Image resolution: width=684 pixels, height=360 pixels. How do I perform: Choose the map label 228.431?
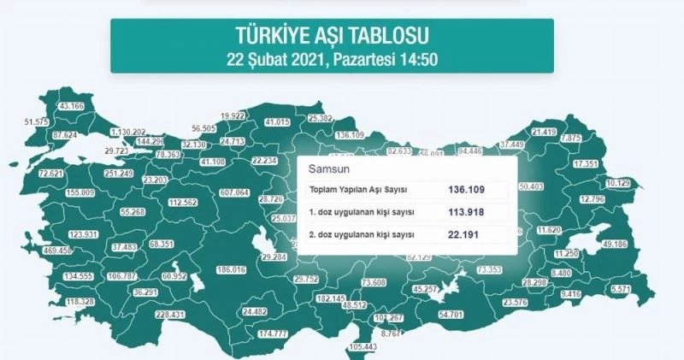167,315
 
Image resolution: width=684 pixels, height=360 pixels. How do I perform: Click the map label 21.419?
545,132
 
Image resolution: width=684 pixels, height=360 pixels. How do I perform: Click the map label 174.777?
273,333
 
